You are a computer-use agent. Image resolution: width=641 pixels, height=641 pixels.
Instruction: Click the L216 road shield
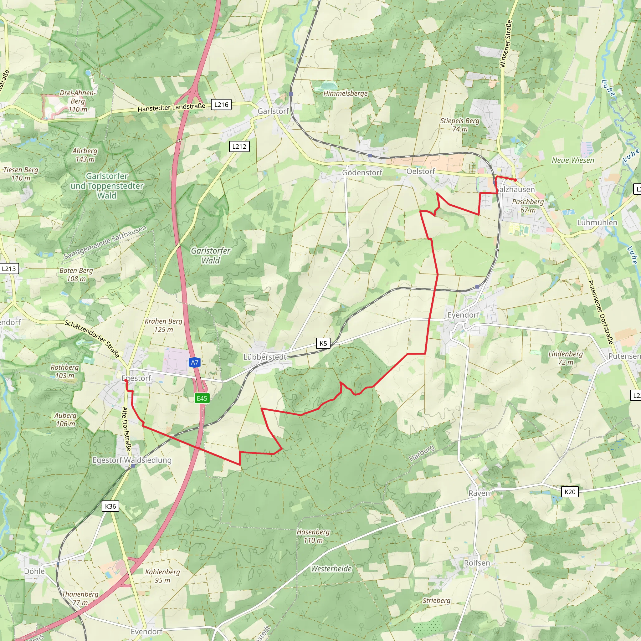221,105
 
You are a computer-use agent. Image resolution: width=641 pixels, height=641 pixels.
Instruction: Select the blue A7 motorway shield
195,362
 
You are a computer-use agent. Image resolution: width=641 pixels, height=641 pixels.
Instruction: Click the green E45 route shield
202,398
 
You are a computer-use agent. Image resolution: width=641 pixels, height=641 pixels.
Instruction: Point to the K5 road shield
323,343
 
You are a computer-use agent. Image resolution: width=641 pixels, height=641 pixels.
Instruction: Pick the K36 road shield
110,506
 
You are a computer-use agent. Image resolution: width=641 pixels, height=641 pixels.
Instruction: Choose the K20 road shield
570,492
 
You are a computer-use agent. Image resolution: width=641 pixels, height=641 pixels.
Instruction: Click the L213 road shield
9,269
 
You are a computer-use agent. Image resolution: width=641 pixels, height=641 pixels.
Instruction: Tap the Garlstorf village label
273,111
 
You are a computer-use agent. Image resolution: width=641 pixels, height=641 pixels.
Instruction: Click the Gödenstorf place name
362,172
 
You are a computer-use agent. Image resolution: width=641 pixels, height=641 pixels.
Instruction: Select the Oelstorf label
421,171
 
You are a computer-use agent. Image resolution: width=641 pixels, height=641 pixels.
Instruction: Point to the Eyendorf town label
463,315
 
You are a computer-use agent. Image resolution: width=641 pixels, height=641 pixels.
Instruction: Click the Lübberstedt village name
265,357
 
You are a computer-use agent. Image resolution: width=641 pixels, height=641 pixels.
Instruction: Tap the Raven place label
479,493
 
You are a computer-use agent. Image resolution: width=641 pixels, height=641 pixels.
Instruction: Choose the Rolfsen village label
477,563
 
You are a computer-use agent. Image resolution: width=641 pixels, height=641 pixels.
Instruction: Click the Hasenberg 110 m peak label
314,536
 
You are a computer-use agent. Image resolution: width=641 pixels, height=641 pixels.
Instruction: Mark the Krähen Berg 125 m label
164,326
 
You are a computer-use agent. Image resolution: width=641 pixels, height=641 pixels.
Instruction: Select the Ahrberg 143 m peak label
85,155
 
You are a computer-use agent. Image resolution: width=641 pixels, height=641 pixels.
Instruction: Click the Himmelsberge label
346,94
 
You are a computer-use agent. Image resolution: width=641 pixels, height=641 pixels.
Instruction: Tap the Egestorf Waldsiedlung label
132,460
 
